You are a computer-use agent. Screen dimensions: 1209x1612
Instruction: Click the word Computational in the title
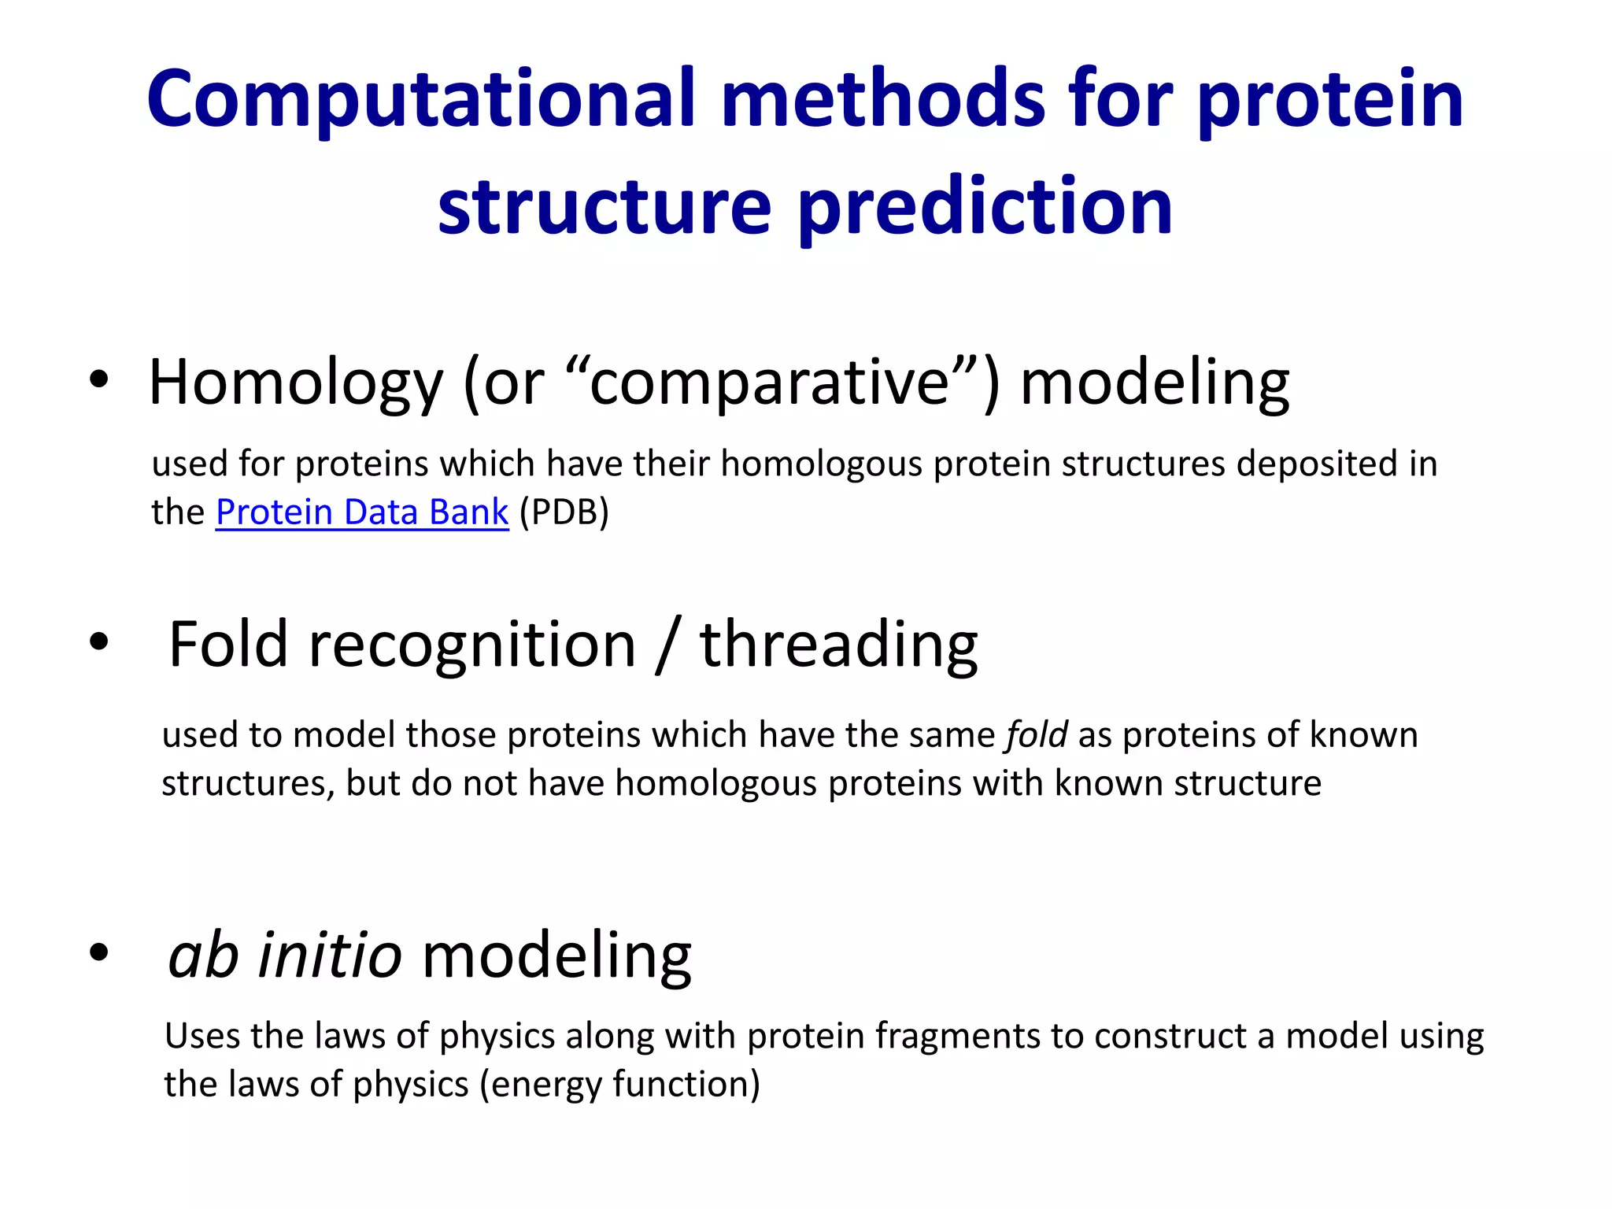tap(421, 101)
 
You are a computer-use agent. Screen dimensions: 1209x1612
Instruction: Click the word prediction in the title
tap(985, 207)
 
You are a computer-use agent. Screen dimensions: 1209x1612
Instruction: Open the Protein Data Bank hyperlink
tap(362, 512)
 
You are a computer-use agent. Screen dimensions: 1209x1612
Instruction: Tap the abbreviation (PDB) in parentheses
tap(564, 512)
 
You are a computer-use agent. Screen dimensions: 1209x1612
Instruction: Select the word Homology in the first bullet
tap(296, 383)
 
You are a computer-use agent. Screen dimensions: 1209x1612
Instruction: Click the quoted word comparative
tap(770, 383)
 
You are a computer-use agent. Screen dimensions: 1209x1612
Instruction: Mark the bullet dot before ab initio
tap(98, 952)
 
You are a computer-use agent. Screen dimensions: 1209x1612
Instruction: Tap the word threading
tap(839, 645)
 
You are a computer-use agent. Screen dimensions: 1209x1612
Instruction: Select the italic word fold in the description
tap(1037, 735)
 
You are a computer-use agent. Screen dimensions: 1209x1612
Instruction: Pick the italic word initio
tap(330, 955)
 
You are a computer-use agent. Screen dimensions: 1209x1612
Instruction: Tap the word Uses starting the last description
tap(202, 1037)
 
